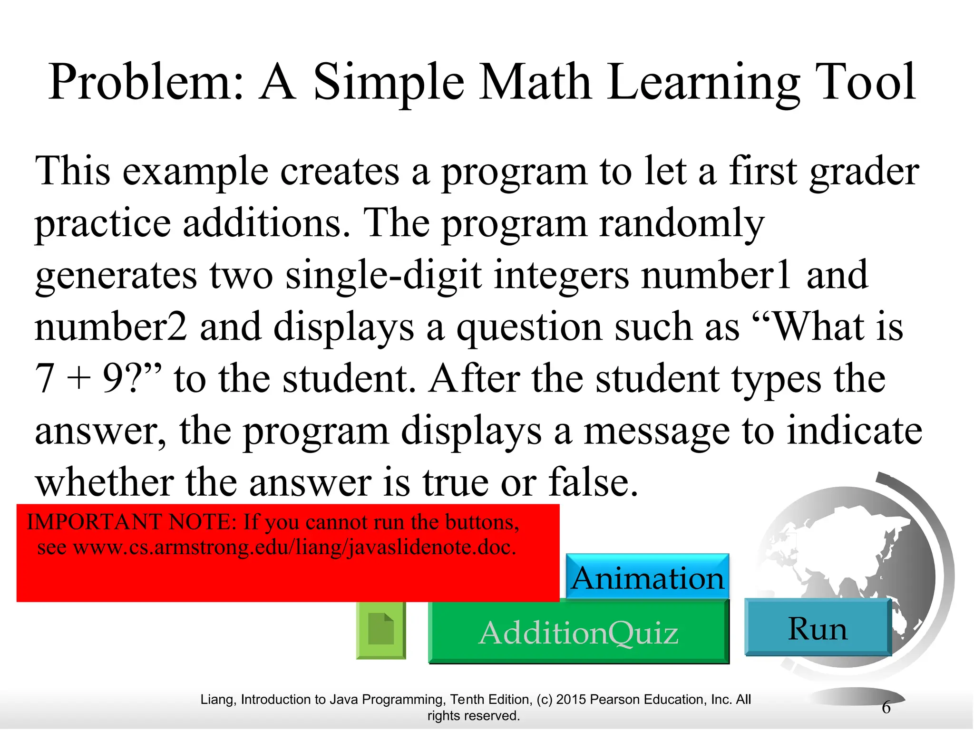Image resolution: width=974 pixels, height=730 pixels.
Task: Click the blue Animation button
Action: point(647,577)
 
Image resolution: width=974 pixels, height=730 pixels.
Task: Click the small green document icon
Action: point(381,630)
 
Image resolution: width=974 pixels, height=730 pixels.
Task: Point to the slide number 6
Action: point(886,707)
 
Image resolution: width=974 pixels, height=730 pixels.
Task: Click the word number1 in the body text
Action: point(716,276)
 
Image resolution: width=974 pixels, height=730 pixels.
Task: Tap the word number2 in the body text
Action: point(111,327)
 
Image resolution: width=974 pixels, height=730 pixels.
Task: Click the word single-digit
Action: point(383,276)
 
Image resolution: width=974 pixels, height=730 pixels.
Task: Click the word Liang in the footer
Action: point(218,700)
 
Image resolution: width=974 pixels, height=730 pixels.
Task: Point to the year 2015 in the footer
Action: point(572,700)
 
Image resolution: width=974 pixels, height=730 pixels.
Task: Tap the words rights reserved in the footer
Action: point(473,716)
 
